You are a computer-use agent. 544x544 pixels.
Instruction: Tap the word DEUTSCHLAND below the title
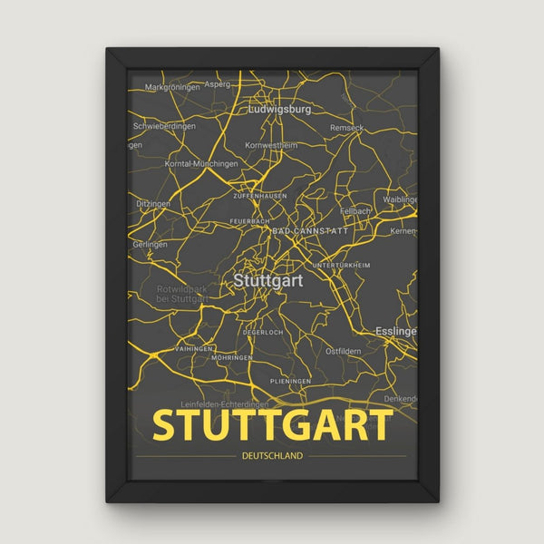tap(273, 456)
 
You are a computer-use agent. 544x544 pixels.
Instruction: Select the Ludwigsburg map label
tap(280, 109)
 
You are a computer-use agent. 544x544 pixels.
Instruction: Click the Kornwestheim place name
tap(271, 145)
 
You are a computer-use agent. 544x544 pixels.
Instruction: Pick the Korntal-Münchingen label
tap(201, 164)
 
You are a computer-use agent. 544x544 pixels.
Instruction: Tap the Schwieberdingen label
tap(165, 126)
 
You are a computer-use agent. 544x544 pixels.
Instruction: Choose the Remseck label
tap(347, 129)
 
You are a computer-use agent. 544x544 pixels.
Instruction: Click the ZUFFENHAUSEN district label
tap(260, 195)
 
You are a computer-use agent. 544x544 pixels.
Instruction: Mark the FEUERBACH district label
tap(249, 220)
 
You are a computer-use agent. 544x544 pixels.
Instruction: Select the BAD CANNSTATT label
tap(309, 232)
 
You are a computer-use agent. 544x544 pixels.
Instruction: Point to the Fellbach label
tap(355, 210)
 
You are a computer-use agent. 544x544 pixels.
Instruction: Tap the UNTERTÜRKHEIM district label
tap(341, 265)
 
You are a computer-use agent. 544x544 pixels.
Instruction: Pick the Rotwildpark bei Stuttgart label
tap(170, 294)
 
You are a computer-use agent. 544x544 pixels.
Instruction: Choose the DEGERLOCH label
tap(263, 333)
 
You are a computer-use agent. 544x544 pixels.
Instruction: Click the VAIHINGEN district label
tap(193, 349)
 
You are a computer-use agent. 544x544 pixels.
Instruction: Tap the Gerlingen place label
tap(150, 245)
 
